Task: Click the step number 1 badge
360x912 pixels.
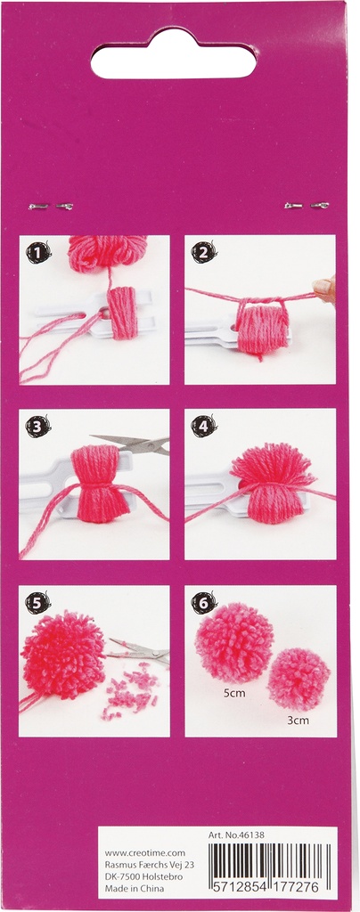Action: coord(38,252)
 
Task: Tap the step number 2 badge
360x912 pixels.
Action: coord(204,252)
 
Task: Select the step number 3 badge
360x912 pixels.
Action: coord(38,427)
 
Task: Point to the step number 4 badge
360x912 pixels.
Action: coord(204,427)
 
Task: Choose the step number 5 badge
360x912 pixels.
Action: coord(38,603)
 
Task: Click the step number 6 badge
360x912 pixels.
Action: coord(204,603)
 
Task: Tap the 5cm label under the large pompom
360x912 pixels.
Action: coord(234,693)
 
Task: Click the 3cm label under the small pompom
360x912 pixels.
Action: coord(299,720)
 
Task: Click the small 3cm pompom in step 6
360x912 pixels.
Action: coord(299,679)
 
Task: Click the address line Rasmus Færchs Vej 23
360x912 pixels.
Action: coord(145,865)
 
